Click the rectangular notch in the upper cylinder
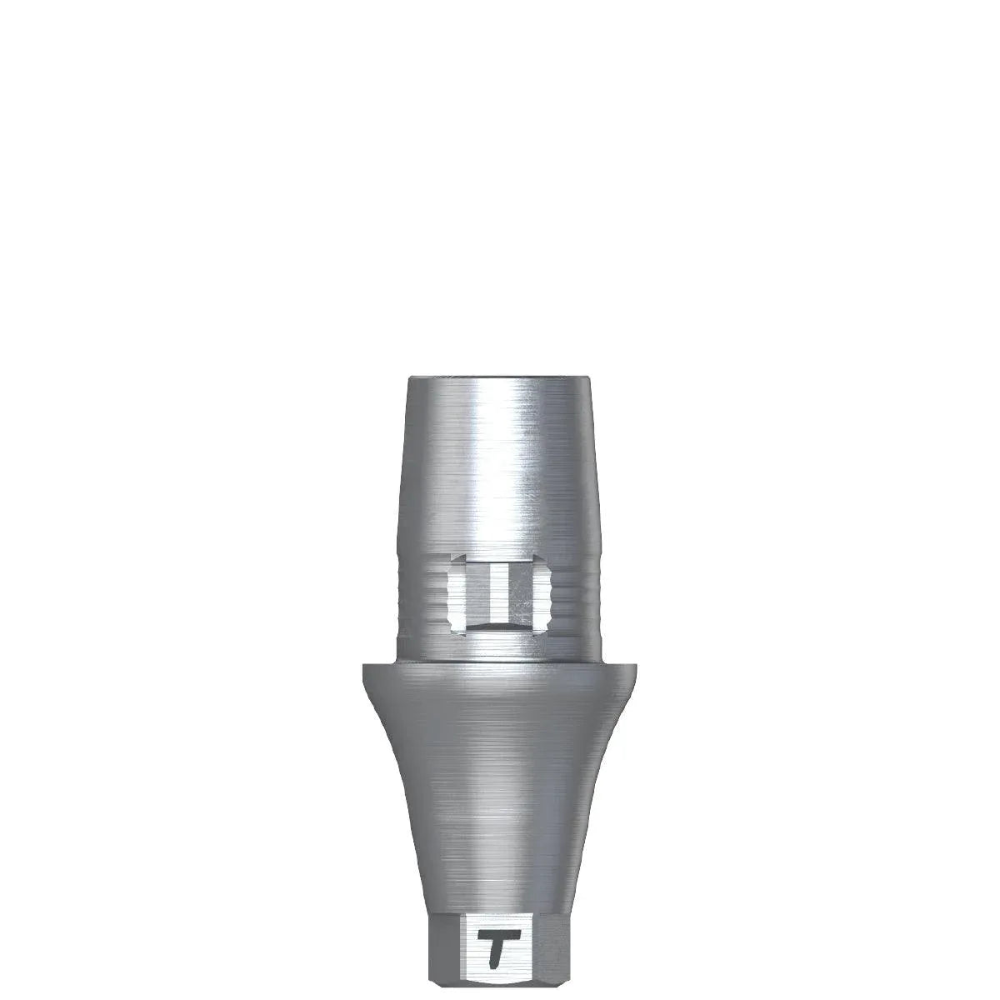tap(500, 591)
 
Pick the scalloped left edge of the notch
tap(452, 591)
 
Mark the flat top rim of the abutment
tap(500, 380)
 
